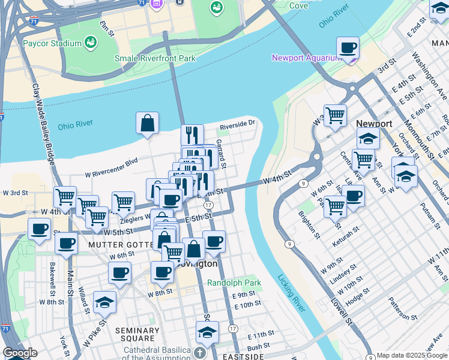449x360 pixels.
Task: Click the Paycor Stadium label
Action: coord(52,43)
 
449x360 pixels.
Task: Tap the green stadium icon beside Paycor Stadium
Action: coord(91,42)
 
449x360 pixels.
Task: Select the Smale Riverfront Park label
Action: coord(155,59)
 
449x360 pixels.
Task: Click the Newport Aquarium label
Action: coord(306,58)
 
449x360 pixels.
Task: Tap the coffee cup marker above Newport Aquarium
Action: coord(348,48)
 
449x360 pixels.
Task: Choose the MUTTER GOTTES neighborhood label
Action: coord(117,245)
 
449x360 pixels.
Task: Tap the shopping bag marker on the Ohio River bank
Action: coord(147,124)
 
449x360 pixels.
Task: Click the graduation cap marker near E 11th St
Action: coord(207,332)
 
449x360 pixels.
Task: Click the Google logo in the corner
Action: coord(20,353)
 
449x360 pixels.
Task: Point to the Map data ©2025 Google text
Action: coord(412,355)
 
